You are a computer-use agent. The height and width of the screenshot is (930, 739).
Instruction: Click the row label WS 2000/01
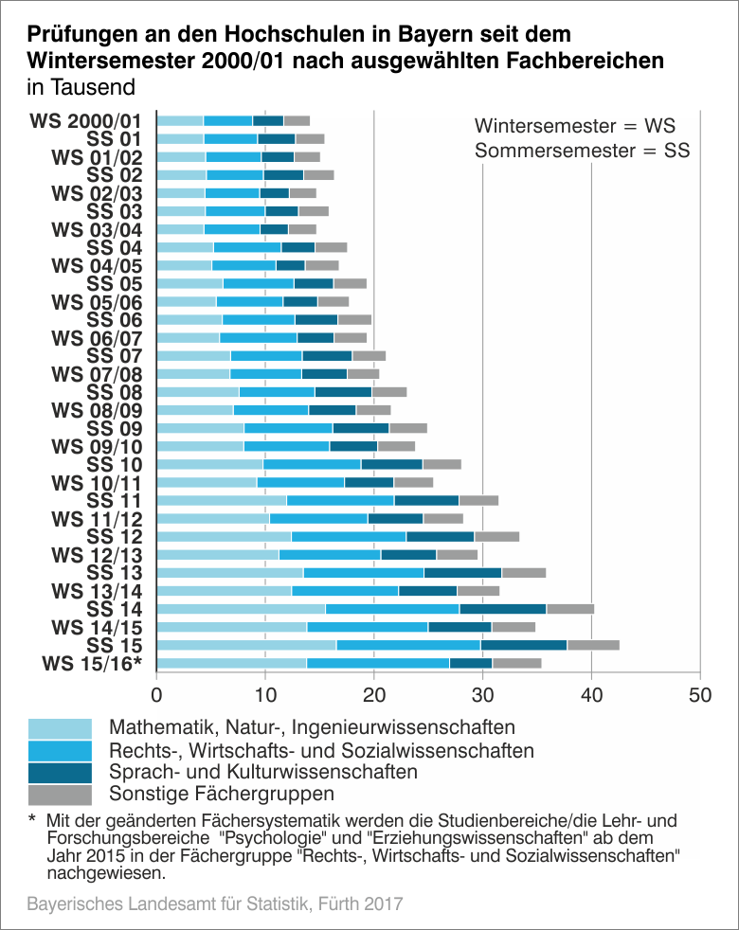click(86, 121)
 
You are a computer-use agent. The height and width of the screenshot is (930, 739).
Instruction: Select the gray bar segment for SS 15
click(593, 645)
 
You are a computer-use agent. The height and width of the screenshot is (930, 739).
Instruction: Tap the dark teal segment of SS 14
click(503, 609)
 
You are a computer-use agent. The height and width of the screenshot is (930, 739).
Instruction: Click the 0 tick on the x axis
click(156, 694)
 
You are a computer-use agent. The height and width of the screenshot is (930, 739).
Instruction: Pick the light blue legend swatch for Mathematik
click(60, 728)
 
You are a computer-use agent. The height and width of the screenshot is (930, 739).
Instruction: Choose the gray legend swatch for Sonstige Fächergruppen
click(60, 794)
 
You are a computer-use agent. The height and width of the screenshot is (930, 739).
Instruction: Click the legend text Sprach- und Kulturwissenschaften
click(263, 772)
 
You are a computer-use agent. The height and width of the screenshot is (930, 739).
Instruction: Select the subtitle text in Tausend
click(81, 86)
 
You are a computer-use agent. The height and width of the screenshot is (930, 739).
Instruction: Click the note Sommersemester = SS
click(582, 150)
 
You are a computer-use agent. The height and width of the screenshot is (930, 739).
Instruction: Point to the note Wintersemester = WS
click(574, 125)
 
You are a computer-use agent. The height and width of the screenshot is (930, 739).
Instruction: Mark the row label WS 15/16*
click(92, 663)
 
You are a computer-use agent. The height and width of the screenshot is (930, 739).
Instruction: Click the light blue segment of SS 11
click(221, 500)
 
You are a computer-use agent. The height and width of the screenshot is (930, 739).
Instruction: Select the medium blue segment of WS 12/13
click(330, 554)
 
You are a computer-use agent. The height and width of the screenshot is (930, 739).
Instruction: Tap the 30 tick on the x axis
click(483, 694)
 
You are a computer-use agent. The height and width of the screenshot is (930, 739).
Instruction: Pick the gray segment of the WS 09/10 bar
click(396, 446)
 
